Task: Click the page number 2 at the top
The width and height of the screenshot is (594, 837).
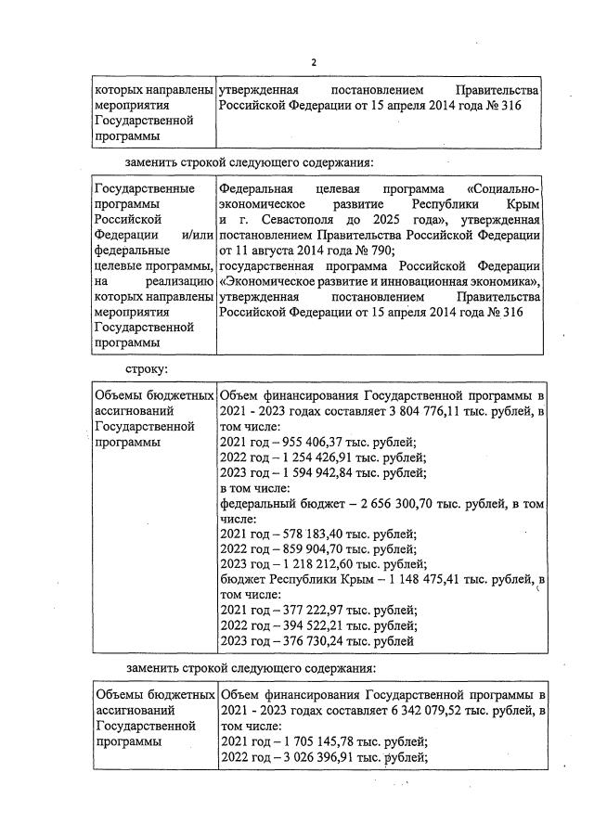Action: [314, 62]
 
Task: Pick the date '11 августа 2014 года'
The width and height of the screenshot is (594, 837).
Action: [295, 251]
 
